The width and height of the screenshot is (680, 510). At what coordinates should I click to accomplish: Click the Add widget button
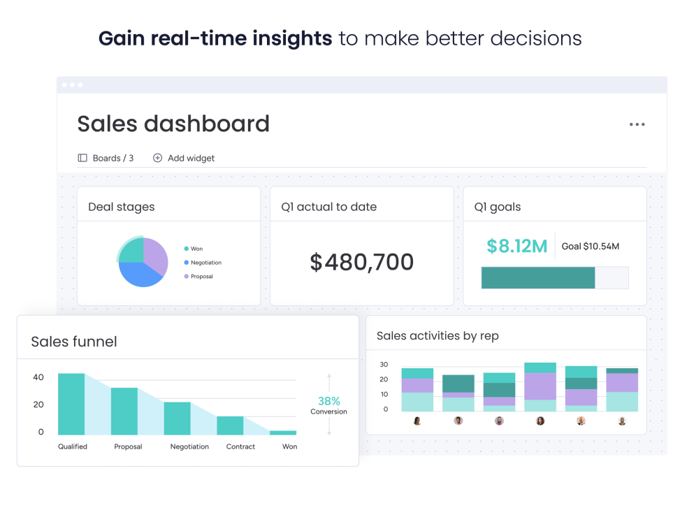[184, 158]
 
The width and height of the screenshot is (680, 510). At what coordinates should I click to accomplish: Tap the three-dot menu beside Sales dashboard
[637, 124]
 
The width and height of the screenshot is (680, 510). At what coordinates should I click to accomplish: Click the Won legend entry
[196, 249]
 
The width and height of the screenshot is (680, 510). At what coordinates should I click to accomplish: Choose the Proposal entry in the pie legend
[201, 277]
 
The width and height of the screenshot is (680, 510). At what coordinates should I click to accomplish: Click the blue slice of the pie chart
[140, 275]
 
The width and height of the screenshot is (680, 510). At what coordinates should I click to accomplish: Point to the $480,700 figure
[362, 262]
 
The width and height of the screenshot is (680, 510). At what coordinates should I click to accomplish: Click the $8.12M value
[516, 246]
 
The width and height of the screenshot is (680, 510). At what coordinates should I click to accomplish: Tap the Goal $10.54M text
[590, 246]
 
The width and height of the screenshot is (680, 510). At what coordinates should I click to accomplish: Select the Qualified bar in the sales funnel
[71, 404]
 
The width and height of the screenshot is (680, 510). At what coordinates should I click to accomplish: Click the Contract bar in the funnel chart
[230, 425]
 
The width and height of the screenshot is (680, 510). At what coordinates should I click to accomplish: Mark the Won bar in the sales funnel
[283, 432]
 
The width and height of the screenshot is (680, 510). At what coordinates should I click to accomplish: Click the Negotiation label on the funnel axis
[189, 446]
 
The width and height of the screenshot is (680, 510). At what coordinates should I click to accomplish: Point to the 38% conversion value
[328, 401]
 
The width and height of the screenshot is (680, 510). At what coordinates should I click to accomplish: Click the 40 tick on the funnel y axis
[38, 377]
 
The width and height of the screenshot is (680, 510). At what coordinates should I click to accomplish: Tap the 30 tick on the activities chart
[384, 365]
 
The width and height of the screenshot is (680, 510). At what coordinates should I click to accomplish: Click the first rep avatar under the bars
[417, 421]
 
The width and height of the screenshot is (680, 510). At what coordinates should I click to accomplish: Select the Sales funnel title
[74, 342]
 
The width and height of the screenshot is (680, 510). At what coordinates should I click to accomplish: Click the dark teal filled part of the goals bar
[537, 277]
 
